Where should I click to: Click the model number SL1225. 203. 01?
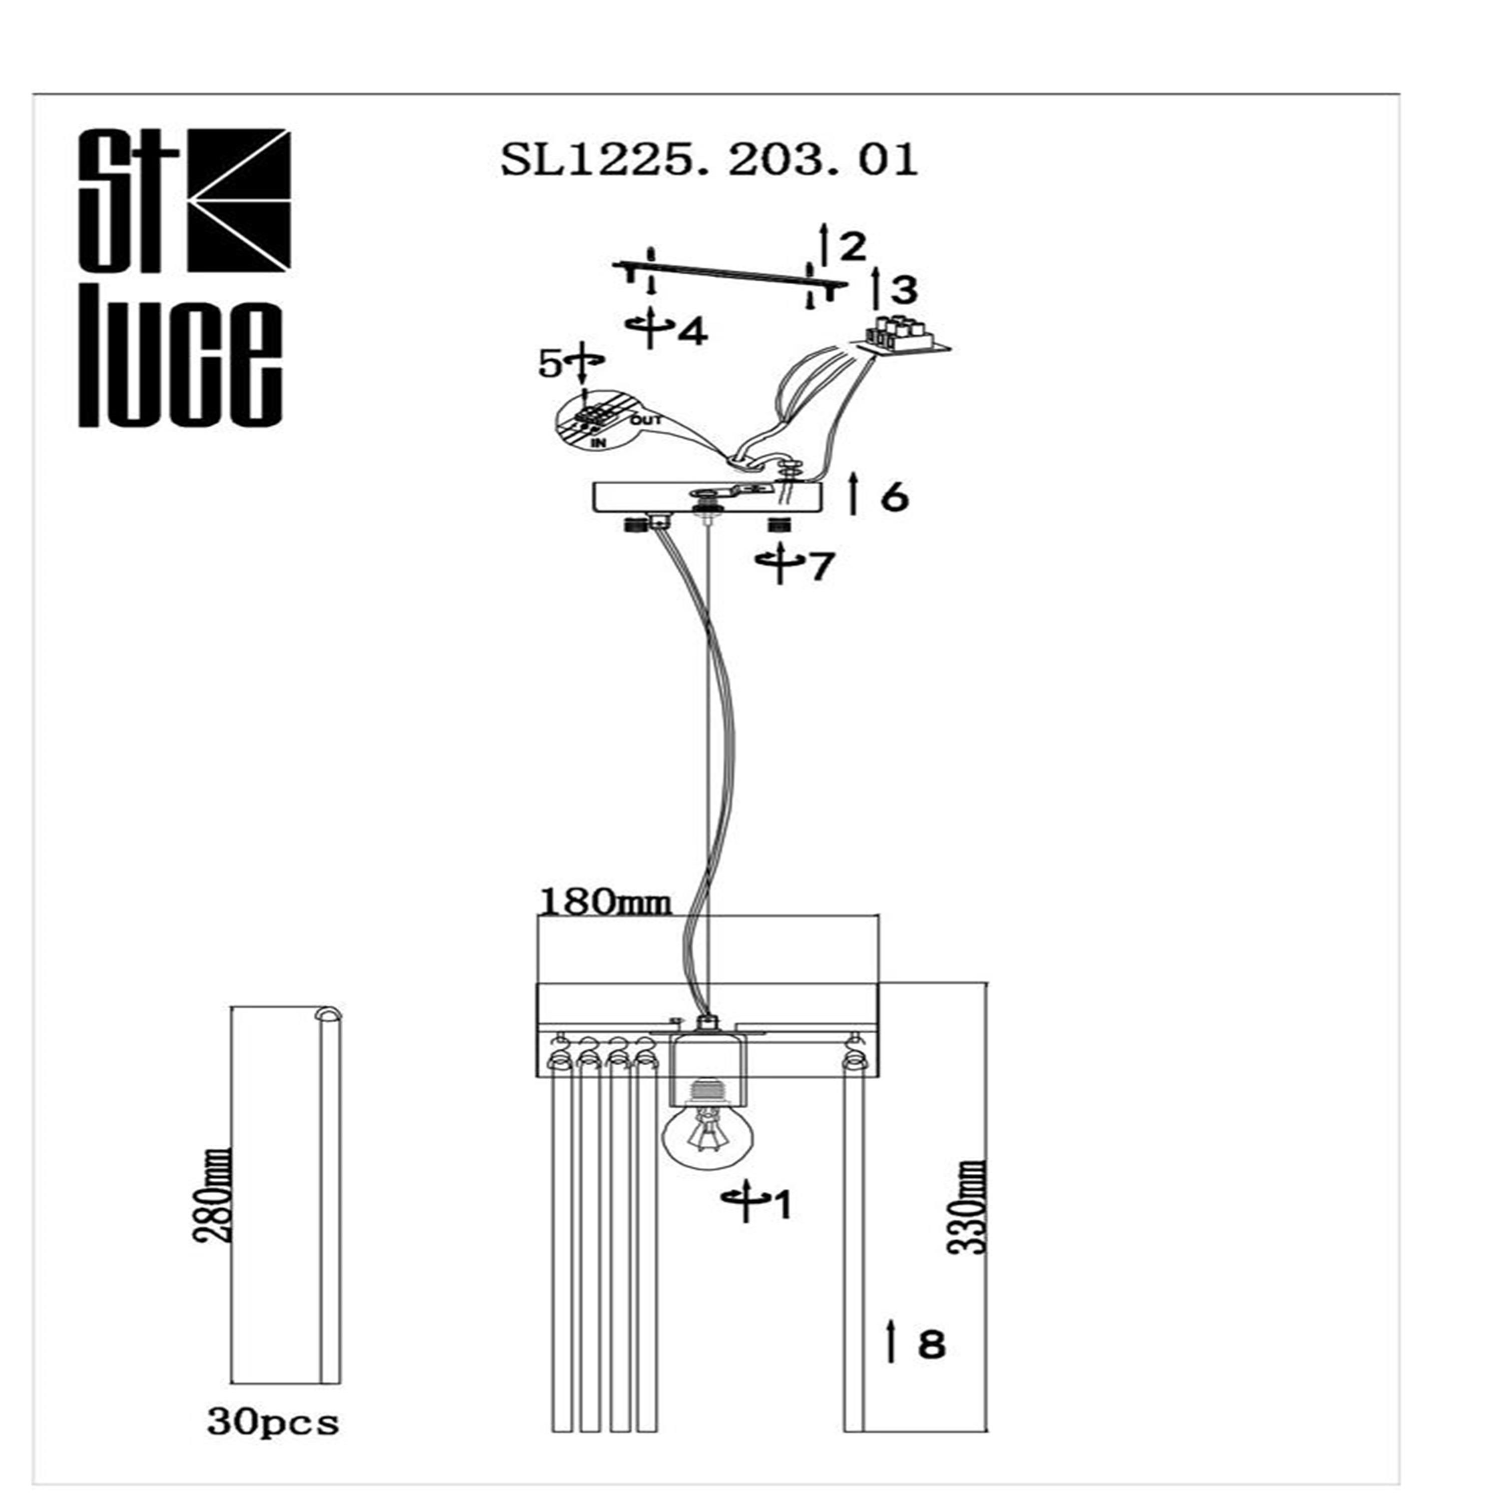708,161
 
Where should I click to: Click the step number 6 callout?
894,497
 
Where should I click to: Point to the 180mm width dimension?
604,904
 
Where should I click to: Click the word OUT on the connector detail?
646,420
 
